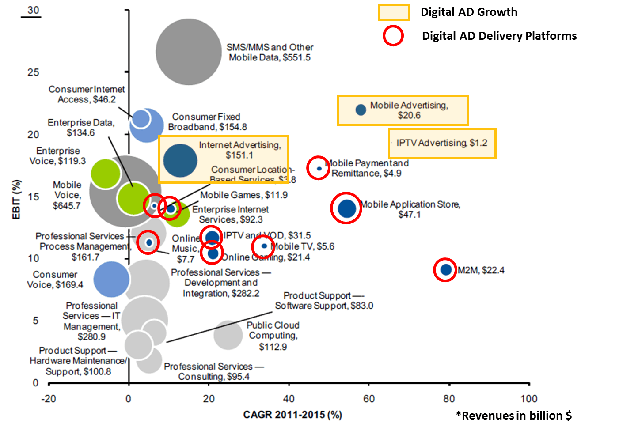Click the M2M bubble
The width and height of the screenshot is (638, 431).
(446, 269)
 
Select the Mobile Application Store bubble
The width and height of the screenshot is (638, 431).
(347, 208)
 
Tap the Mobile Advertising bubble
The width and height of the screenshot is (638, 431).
(361, 110)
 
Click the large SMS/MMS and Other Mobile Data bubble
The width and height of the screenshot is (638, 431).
(189, 52)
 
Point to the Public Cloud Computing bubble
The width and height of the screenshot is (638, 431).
(228, 335)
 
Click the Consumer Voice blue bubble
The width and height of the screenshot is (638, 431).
(111, 279)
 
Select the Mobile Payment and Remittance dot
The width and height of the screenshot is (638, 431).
(319, 168)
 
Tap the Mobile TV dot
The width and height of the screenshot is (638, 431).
(264, 246)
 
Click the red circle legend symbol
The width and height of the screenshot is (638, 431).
(393, 36)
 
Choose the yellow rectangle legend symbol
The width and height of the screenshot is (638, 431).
(393, 12)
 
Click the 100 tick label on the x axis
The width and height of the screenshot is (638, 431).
(529, 399)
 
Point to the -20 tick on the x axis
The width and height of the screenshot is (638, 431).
(49, 399)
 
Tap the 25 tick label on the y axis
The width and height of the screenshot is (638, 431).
(34, 72)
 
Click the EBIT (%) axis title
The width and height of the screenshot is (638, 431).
(16, 199)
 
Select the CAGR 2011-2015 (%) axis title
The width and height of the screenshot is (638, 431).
(292, 415)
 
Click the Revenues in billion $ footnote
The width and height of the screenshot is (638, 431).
(514, 416)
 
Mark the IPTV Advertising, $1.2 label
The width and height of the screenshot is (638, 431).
(441, 143)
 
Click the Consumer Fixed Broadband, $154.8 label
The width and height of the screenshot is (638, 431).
(207, 122)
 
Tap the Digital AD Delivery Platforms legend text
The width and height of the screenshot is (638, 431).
(499, 36)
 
